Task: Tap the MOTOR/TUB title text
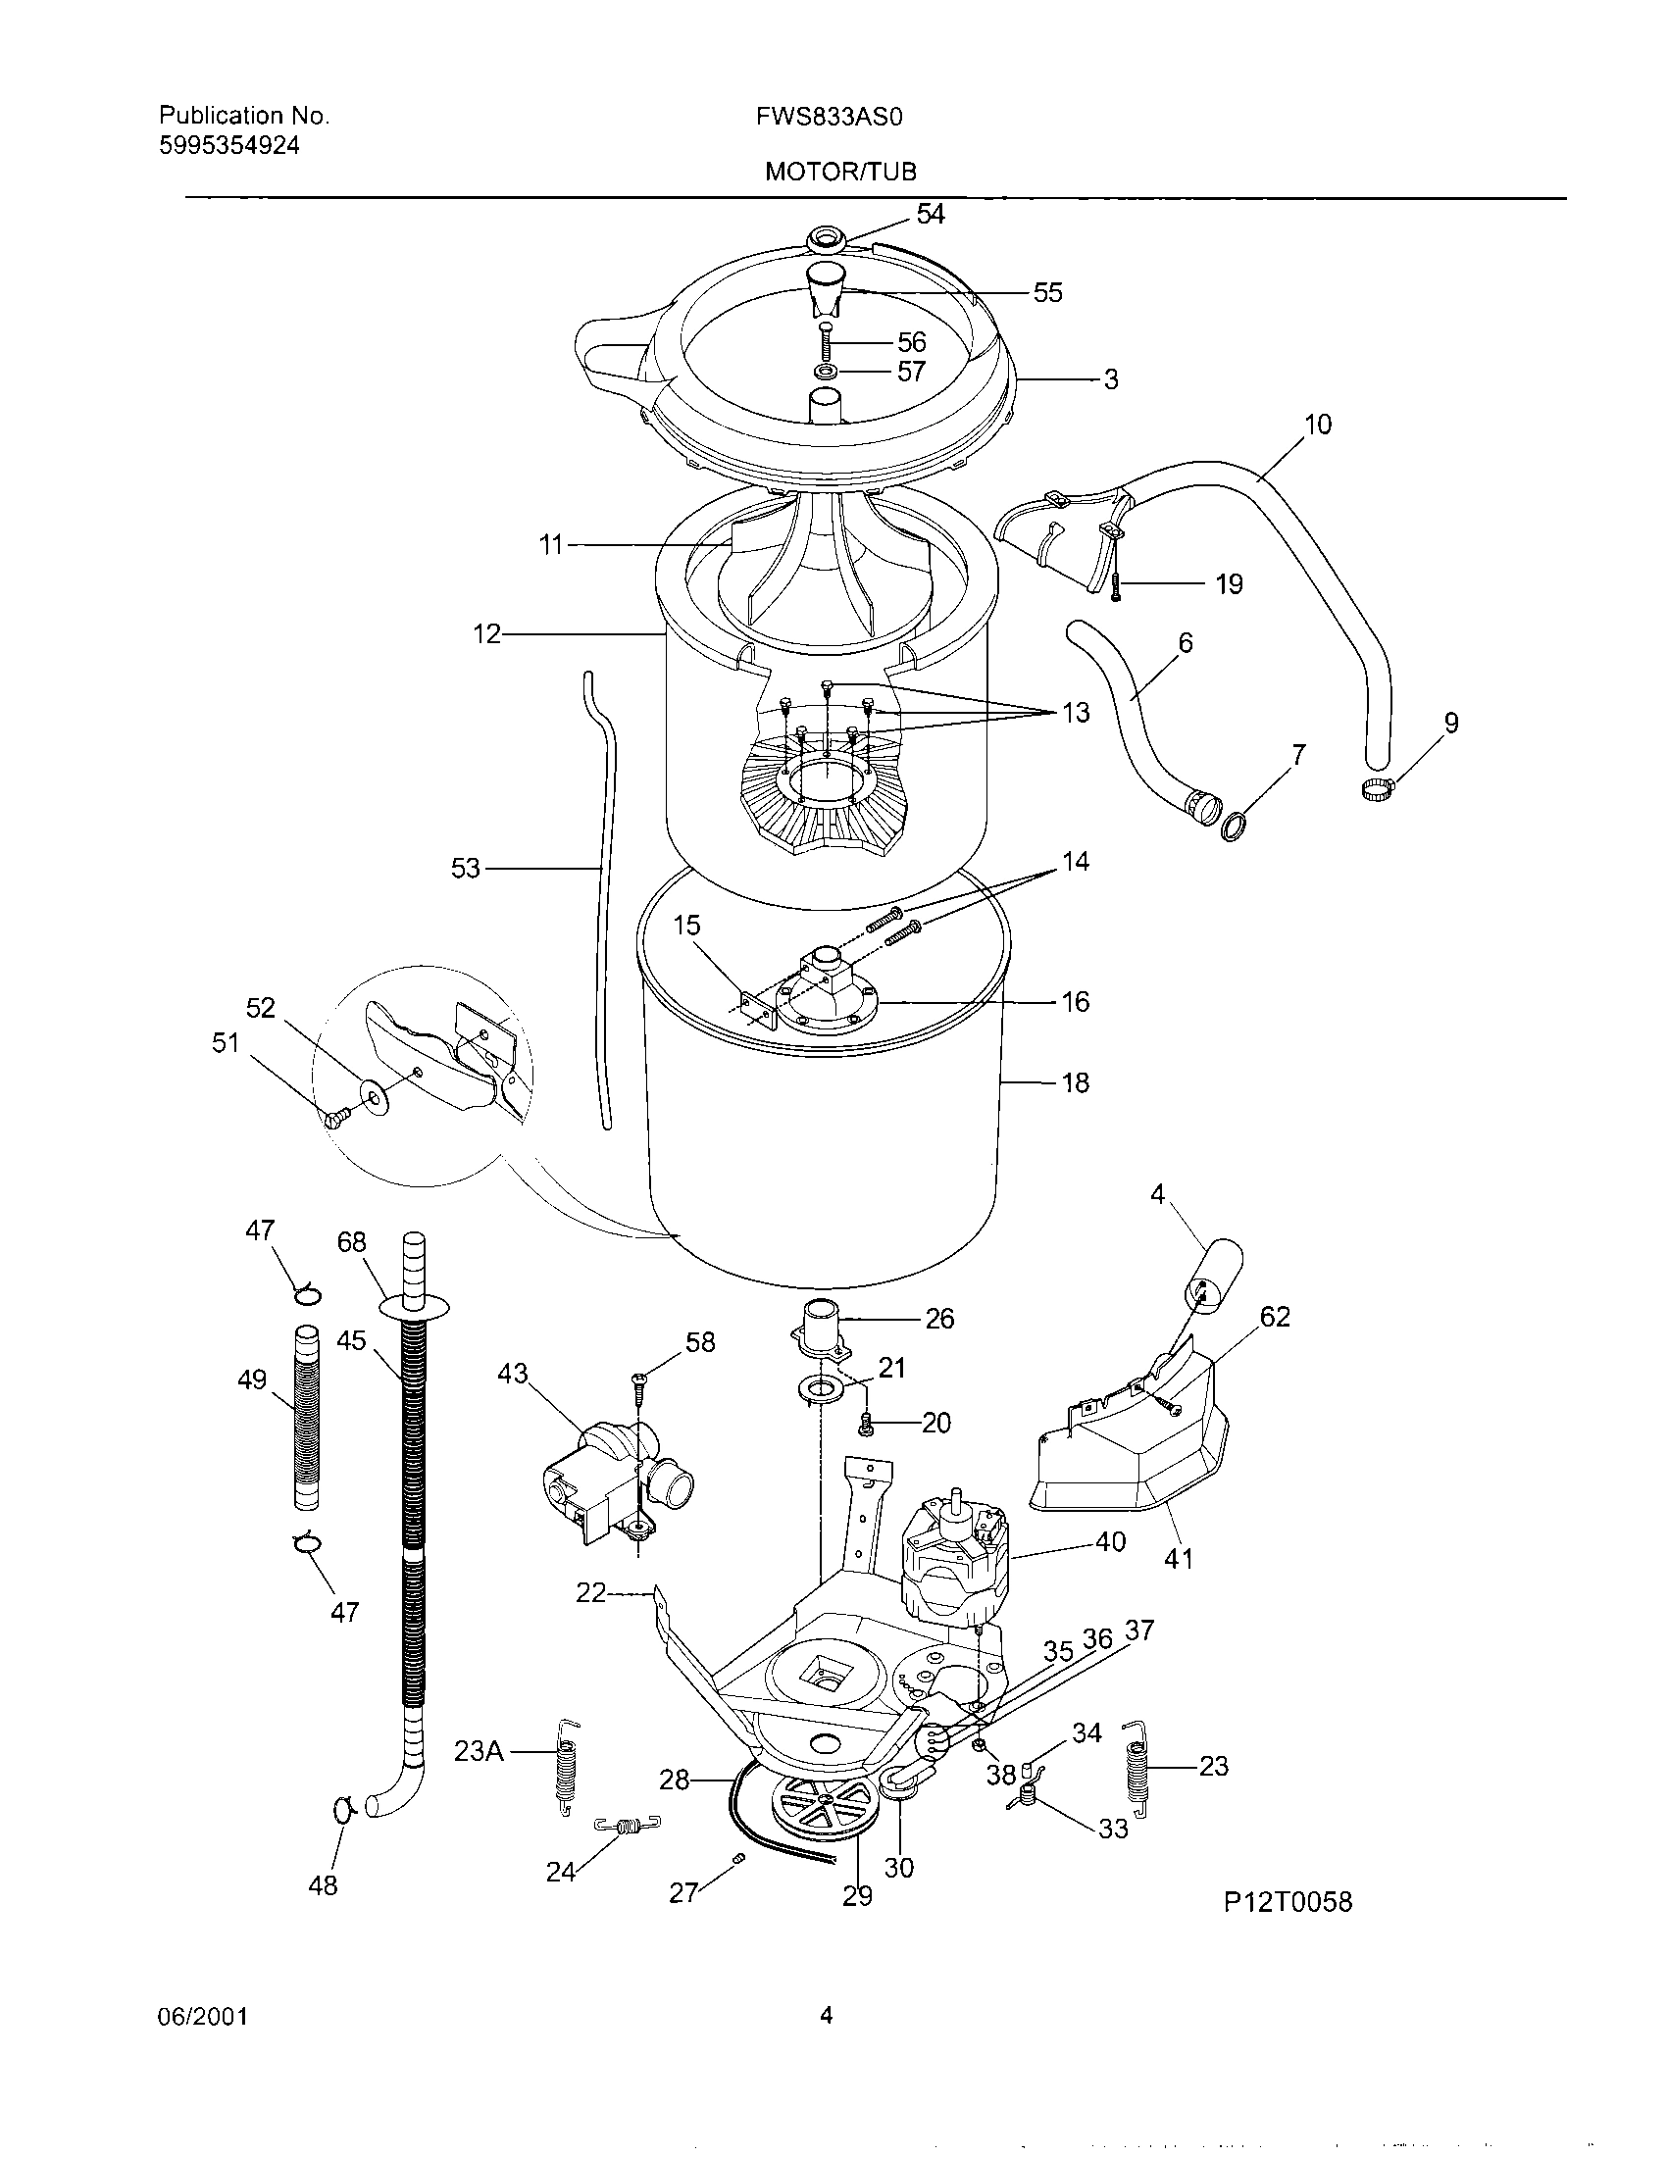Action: pyautogui.click(x=840, y=173)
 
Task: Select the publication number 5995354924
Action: pyautogui.click(x=229, y=146)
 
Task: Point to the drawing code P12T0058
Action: pyautogui.click(x=1288, y=1901)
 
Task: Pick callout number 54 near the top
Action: pyautogui.click(x=931, y=215)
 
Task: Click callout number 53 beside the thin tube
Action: pyautogui.click(x=465, y=868)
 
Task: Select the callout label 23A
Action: pyautogui.click(x=479, y=1752)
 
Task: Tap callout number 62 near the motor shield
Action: pyautogui.click(x=1275, y=1317)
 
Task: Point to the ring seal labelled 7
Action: pyautogui.click(x=1233, y=825)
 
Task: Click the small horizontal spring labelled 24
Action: pyautogui.click(x=628, y=1827)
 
